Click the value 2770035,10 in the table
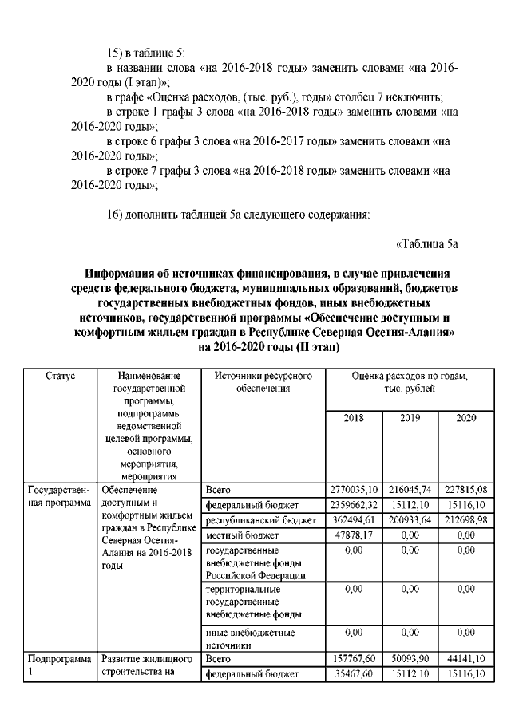click(354, 488)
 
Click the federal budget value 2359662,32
click(354, 503)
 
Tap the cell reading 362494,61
click(354, 519)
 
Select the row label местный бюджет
click(240, 535)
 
